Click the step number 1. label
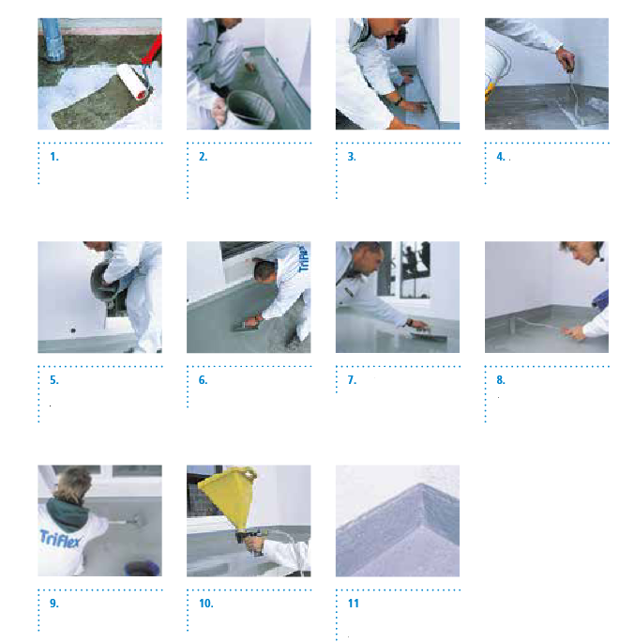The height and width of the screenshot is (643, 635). click(x=54, y=157)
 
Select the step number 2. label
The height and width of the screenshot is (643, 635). click(x=204, y=157)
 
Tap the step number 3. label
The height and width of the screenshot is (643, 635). click(x=352, y=157)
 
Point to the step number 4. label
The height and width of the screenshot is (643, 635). click(x=501, y=157)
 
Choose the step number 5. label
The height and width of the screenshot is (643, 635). click(x=54, y=380)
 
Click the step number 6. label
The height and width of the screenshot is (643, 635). click(x=204, y=380)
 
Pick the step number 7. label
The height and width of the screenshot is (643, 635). click(x=352, y=380)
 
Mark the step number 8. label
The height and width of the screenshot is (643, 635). click(x=501, y=380)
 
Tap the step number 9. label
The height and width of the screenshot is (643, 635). click(x=54, y=604)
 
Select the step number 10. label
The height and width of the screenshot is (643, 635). click(x=206, y=604)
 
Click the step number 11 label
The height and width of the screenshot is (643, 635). click(x=353, y=604)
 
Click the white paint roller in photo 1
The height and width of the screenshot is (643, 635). click(x=133, y=81)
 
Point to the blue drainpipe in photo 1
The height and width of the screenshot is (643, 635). click(x=53, y=40)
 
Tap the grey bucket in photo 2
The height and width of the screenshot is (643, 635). click(x=249, y=109)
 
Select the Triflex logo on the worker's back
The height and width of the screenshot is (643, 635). click(x=60, y=539)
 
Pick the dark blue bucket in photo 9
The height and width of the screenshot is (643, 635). click(x=142, y=568)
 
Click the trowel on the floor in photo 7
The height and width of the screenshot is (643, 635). click(x=428, y=336)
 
